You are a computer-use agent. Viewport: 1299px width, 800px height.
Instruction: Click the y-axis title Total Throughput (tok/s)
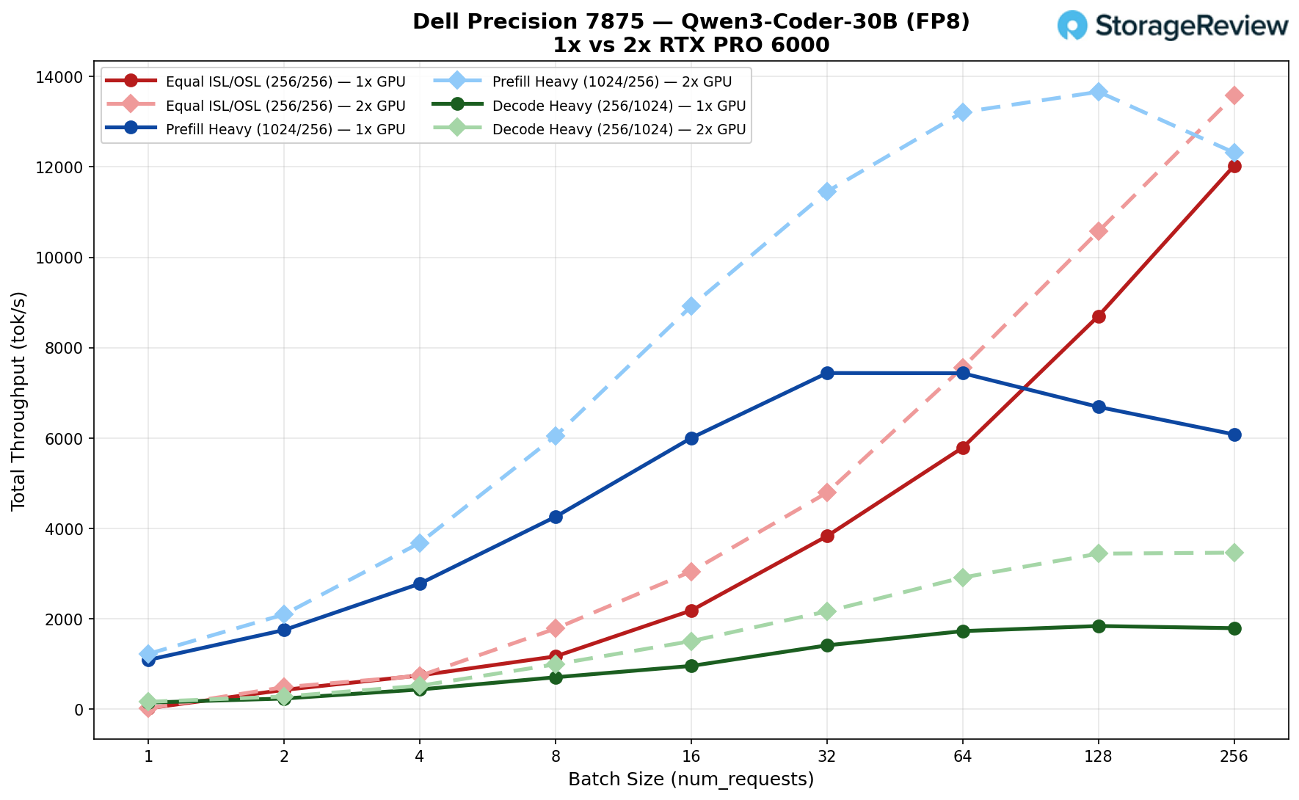19,401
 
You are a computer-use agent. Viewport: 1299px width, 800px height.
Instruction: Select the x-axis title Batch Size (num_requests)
691,779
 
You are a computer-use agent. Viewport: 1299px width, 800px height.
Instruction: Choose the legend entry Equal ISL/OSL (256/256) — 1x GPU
285,81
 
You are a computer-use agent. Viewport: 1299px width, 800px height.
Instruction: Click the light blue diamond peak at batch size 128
1099,92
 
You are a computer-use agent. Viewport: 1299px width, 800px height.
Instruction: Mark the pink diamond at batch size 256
1234,95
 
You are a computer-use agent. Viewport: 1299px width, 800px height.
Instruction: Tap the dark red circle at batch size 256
1234,166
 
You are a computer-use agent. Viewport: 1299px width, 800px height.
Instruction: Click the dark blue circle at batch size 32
827,373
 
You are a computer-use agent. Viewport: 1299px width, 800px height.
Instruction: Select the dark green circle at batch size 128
1099,626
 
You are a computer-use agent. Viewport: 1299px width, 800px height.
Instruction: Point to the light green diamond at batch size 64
963,578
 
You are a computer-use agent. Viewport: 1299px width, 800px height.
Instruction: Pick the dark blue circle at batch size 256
1234,434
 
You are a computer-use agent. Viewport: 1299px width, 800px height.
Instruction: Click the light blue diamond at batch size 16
691,306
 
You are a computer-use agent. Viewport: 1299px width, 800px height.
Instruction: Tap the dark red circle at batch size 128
1099,316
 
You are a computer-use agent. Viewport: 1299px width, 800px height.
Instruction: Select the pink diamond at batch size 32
827,492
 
